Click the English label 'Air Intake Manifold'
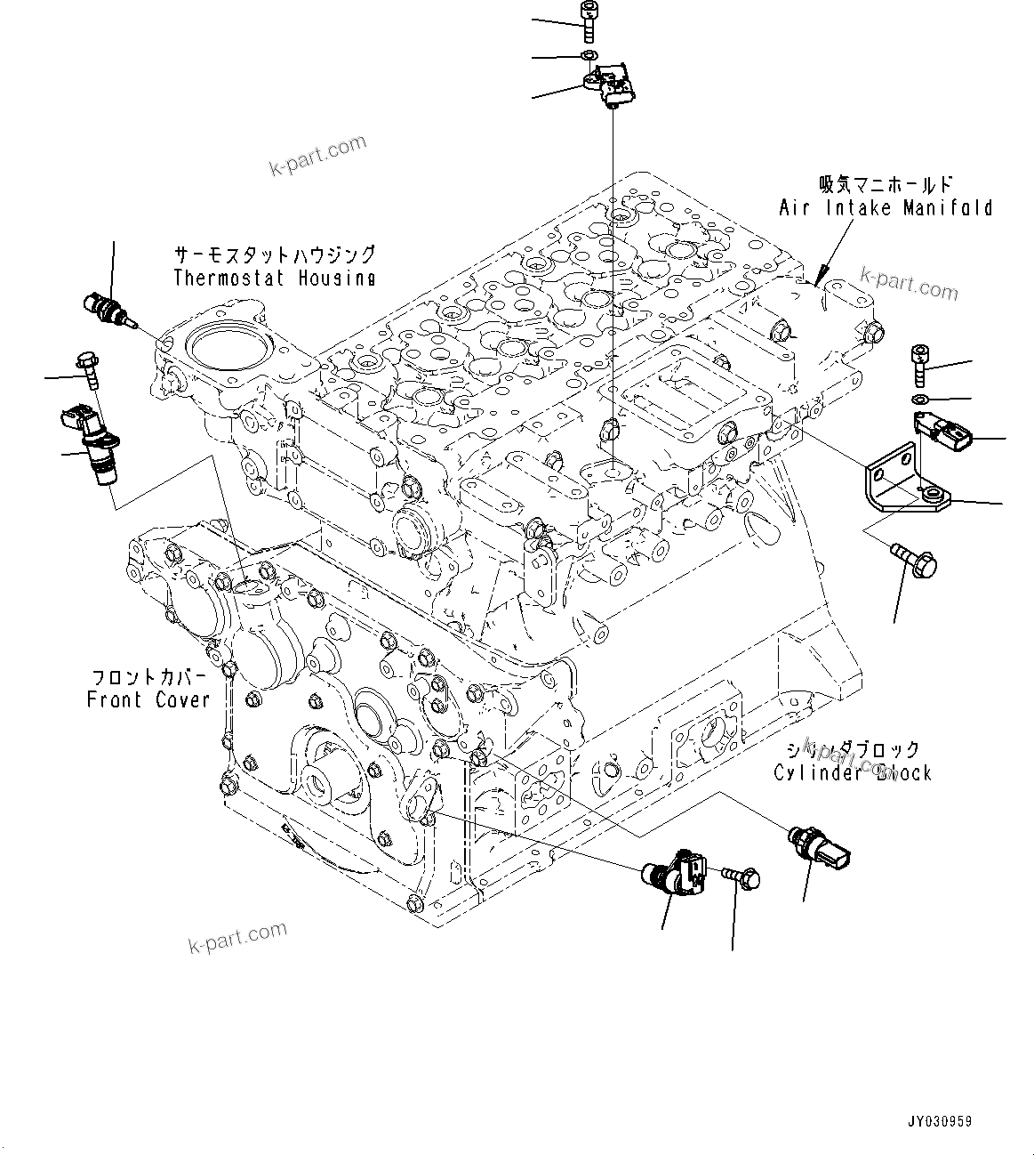[x=886, y=208]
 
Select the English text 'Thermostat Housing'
[x=274, y=278]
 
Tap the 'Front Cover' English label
[x=148, y=699]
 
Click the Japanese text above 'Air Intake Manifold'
[x=886, y=185]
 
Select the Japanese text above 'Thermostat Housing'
[x=274, y=255]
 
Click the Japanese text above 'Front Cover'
[x=148, y=676]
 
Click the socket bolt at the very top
[x=588, y=20]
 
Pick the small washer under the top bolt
[x=588, y=57]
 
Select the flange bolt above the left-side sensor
[x=89, y=367]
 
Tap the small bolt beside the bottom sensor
[x=741, y=877]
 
